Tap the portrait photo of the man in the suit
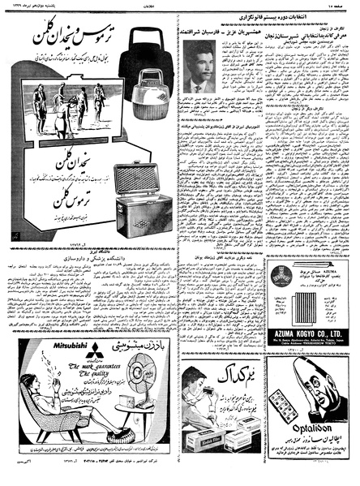click(199, 90)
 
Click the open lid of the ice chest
click(145, 179)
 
